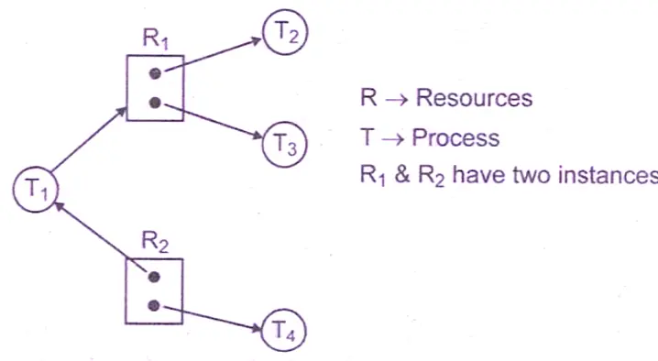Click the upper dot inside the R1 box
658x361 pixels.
point(156,73)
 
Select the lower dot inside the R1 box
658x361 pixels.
point(156,103)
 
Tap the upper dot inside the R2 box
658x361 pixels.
point(155,276)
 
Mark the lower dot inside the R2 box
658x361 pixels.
point(155,305)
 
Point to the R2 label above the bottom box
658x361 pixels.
point(153,244)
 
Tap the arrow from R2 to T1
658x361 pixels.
point(101,234)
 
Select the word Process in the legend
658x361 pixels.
point(455,138)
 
